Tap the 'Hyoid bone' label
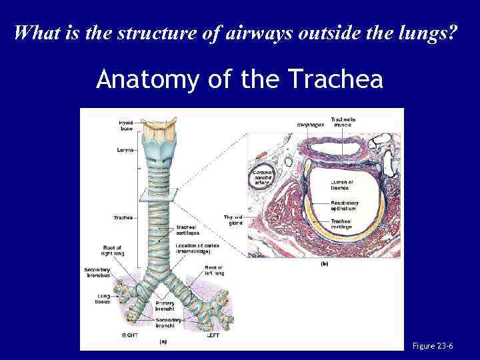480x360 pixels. tap(126, 125)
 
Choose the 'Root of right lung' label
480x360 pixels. tap(111, 251)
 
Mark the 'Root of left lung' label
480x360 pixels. tap(214, 270)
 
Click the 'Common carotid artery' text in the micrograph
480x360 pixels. tap(262, 177)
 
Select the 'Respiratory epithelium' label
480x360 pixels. tap(345, 206)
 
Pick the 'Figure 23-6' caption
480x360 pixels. tap(433, 346)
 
